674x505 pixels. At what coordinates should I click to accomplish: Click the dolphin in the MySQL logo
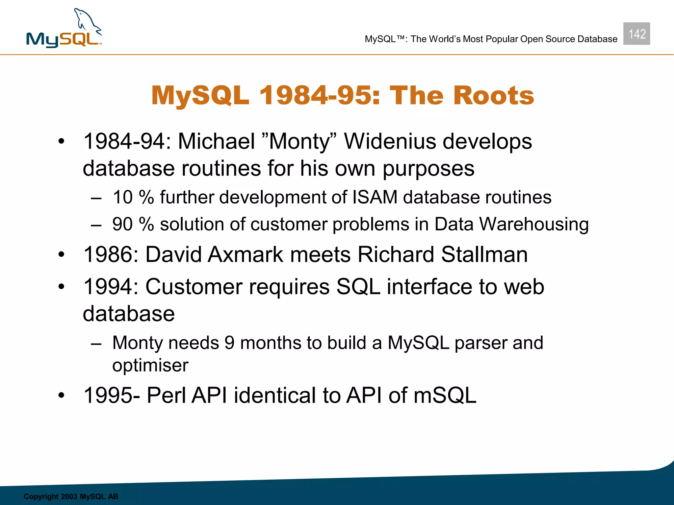(86, 22)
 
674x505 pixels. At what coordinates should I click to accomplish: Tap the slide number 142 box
(636, 34)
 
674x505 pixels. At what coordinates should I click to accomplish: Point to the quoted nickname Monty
(299, 141)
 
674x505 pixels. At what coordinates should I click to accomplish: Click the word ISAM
(375, 197)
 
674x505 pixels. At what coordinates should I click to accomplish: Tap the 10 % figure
(133, 197)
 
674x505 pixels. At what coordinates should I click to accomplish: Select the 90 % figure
(133, 224)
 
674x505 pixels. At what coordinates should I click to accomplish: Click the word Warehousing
(534, 224)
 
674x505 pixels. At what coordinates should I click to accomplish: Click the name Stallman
(484, 254)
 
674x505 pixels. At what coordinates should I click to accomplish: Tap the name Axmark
(246, 254)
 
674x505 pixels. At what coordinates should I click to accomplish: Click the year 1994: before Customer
(111, 287)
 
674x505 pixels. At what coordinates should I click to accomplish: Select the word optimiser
(150, 366)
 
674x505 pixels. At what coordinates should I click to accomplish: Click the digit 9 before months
(229, 343)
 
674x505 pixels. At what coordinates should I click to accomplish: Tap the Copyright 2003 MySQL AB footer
(71, 496)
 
